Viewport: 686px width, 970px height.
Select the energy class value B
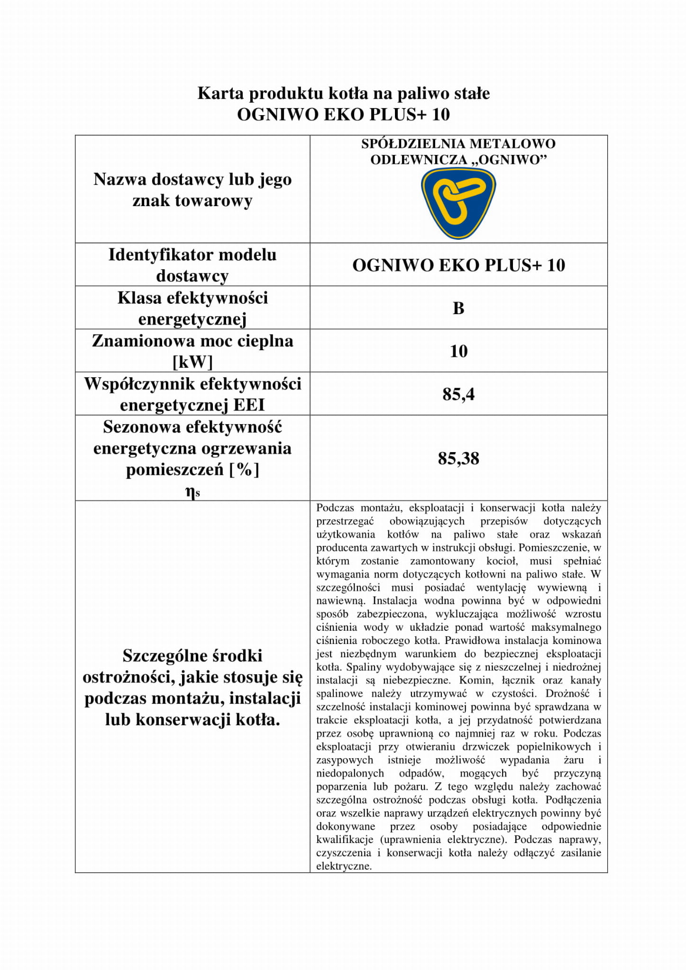458,308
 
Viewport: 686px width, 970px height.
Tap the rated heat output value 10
458,351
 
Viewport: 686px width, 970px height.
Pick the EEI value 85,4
458,394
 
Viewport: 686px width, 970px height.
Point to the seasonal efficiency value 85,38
458,458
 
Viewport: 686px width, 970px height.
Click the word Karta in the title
221,93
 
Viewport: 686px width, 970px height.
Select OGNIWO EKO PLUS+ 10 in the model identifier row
458,265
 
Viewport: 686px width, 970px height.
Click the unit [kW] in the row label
192,362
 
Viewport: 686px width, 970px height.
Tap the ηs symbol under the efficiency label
192,493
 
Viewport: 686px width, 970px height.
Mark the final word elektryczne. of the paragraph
344,866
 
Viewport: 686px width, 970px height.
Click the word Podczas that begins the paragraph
335,508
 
